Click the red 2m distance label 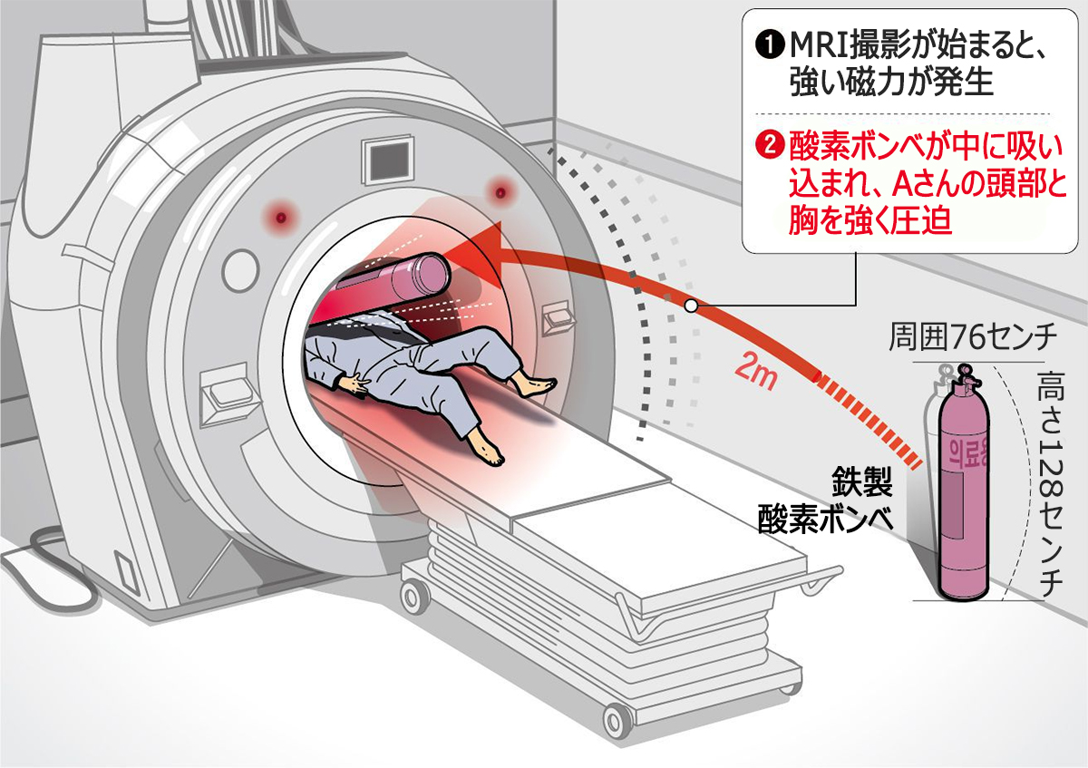point(756,374)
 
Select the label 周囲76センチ point(973,337)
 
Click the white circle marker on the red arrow point(691,306)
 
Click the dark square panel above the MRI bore point(389,161)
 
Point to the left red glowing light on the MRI point(280,217)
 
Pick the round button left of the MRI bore point(240,270)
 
